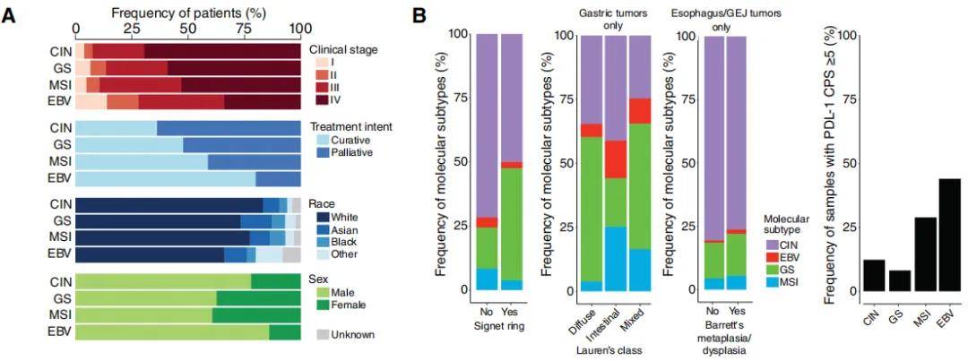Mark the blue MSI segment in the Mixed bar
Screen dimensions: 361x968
tap(640, 270)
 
